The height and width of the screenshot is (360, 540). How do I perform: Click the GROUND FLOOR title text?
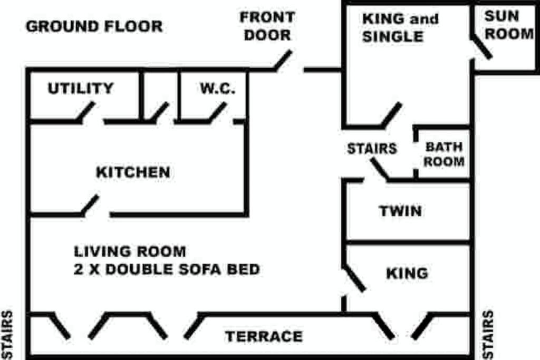(94, 26)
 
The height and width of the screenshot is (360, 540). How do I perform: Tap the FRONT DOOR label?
(267, 26)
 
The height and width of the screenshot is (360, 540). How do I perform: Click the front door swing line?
(283, 60)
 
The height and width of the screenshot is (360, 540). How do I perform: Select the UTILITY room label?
(81, 88)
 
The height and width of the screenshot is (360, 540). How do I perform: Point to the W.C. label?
(218, 88)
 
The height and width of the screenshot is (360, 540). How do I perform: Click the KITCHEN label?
(133, 172)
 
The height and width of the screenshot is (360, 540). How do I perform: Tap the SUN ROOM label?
(509, 25)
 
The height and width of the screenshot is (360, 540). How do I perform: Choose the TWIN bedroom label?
(400, 211)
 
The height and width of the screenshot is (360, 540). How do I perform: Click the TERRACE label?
(264, 336)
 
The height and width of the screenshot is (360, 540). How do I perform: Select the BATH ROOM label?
(444, 154)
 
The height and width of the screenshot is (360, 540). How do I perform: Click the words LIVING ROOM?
(130, 251)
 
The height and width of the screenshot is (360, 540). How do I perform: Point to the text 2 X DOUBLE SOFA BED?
(167, 269)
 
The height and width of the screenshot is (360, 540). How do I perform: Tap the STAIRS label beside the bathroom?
(372, 149)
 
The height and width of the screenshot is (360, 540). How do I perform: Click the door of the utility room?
(86, 112)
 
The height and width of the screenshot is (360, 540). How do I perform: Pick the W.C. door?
(218, 112)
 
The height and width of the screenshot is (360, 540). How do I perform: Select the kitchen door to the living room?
(90, 205)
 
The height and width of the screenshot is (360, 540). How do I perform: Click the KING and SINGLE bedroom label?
(400, 27)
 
